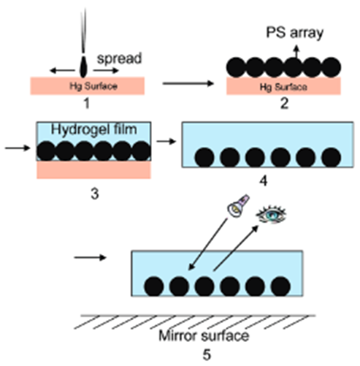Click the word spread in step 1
coord(119,58)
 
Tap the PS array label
coord(295,33)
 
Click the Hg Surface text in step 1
coord(93,86)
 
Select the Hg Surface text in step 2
coord(283,87)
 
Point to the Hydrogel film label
coord(94,129)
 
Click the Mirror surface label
coord(204,335)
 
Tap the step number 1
coord(87,103)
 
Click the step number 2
coord(284,103)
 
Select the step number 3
coord(95,194)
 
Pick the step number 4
coord(264,181)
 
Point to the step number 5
coord(207,354)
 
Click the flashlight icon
coord(238,206)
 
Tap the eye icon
coord(271,215)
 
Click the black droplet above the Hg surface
coord(83,67)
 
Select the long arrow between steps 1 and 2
coord(188,83)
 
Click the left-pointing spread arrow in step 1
coord(62,71)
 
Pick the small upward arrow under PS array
coord(296,52)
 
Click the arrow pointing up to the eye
coord(236,248)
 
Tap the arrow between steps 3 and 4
coord(166,141)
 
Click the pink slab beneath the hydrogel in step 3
coord(93,169)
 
